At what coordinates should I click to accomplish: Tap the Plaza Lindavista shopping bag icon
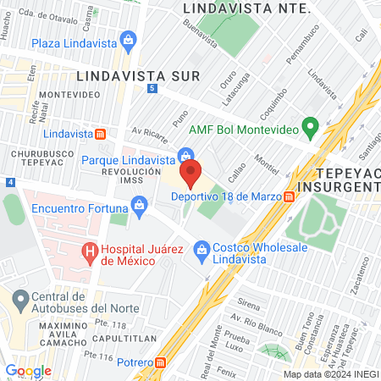click(128, 39)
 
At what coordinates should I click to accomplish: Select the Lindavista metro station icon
click(100, 133)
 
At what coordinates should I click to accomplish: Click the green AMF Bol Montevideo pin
click(310, 128)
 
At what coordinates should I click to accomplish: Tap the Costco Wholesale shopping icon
click(202, 248)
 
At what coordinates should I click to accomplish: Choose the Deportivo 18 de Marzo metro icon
click(290, 196)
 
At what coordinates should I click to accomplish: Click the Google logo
click(28, 370)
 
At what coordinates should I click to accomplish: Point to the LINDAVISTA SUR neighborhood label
click(136, 75)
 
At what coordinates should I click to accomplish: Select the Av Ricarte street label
click(145, 131)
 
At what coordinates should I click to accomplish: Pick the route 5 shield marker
click(152, 89)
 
